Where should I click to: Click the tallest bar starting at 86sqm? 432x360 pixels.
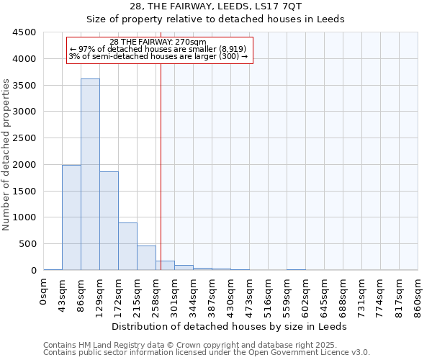(90, 174)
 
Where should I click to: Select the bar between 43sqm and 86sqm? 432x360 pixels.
(71, 217)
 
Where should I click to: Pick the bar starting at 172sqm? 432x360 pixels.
(127, 246)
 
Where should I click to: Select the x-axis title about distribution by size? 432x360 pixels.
(230, 326)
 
